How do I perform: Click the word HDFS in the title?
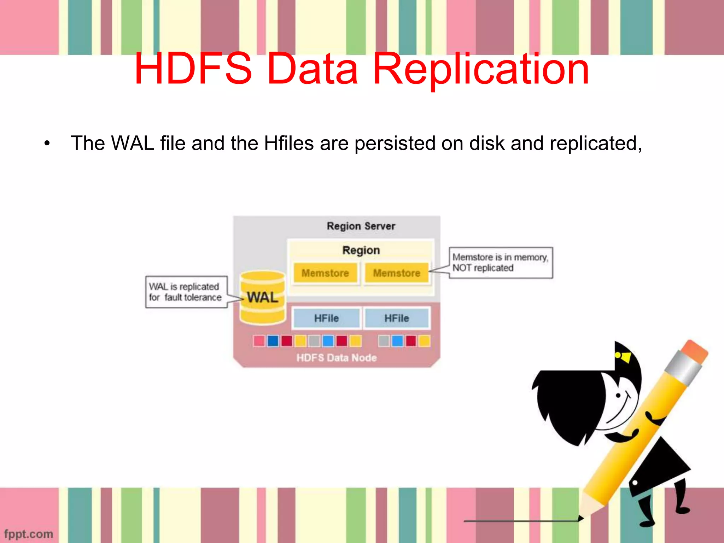194,69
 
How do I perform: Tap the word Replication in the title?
481,69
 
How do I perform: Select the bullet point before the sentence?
47,144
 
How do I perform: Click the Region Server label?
361,226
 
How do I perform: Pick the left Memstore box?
325,273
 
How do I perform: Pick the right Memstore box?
397,273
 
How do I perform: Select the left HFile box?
326,318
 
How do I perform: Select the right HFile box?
397,318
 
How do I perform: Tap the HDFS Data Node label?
336,358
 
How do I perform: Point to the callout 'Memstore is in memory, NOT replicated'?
500,263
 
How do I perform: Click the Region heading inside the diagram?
361,250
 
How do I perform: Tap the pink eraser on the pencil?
695,351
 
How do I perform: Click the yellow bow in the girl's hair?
624,357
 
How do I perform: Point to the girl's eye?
618,395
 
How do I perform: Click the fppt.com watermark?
29,533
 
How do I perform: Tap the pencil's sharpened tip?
580,518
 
